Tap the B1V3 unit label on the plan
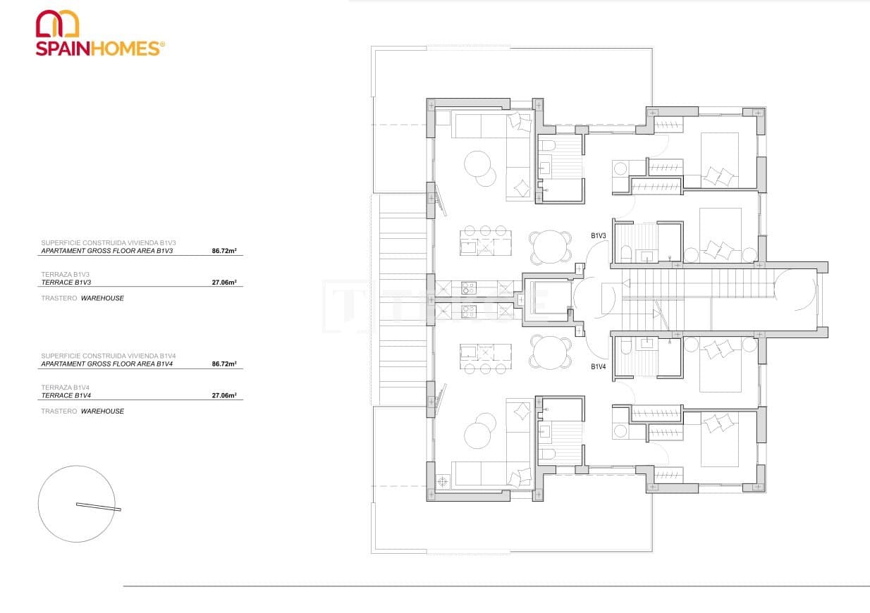(x=599, y=236)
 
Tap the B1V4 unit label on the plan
(x=599, y=366)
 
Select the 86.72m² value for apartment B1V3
(x=223, y=250)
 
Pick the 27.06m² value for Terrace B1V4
(x=223, y=396)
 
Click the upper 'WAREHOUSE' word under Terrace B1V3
(x=102, y=298)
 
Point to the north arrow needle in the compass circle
(x=99, y=506)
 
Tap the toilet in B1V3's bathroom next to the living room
(x=548, y=146)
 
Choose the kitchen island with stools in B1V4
(x=486, y=357)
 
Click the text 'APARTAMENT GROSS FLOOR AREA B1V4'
(x=106, y=364)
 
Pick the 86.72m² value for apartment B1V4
(x=223, y=364)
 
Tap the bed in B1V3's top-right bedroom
(x=719, y=159)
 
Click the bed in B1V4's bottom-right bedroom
(x=719, y=438)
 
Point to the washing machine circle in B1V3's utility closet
(x=620, y=168)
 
